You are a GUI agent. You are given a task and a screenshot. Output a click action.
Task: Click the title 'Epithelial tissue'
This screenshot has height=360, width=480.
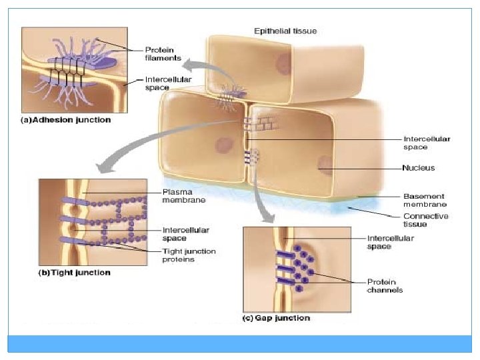285,31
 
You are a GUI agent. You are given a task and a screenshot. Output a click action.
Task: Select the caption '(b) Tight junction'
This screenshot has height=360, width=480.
74,273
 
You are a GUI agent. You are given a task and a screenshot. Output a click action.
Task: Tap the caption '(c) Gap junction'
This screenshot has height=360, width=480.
276,318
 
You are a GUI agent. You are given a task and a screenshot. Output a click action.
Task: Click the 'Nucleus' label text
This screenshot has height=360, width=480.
419,168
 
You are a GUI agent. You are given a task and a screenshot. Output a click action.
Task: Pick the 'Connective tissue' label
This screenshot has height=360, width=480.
426,220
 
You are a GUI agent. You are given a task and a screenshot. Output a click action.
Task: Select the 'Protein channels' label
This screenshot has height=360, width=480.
385,285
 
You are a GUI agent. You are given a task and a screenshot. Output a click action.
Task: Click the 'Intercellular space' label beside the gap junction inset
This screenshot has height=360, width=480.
391,242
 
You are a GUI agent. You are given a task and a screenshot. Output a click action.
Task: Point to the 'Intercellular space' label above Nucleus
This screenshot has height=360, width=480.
427,143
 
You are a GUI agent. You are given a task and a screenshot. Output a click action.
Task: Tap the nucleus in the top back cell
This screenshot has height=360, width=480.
283,64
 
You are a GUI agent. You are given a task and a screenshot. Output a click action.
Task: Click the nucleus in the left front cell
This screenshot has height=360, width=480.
222,145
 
